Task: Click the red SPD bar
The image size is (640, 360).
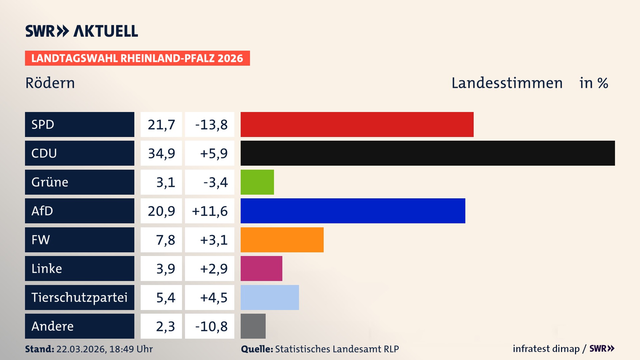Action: (357, 124)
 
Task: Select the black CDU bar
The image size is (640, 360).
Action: (427, 153)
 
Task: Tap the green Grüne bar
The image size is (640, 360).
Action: (257, 182)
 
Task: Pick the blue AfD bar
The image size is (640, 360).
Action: (353, 211)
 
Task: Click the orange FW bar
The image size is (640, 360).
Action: (282, 240)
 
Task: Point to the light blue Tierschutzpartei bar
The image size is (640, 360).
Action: (270, 297)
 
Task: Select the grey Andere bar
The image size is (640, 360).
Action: (253, 326)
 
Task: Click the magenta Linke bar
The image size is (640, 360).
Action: (261, 268)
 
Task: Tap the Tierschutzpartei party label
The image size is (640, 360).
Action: (79, 297)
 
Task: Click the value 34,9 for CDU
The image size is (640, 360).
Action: (161, 153)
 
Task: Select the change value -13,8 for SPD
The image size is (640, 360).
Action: (211, 125)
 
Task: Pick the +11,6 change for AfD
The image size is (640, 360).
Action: (210, 211)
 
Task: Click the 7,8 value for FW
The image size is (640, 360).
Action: (165, 240)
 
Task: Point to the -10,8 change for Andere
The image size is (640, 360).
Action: (211, 326)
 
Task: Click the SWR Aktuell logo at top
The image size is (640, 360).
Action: (81, 31)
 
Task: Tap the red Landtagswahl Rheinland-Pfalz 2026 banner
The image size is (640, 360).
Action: (137, 58)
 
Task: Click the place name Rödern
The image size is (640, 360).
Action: (50, 83)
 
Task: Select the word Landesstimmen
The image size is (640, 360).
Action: (507, 83)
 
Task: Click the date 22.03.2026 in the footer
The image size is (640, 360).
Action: (81, 349)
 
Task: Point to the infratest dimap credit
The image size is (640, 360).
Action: (546, 349)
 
